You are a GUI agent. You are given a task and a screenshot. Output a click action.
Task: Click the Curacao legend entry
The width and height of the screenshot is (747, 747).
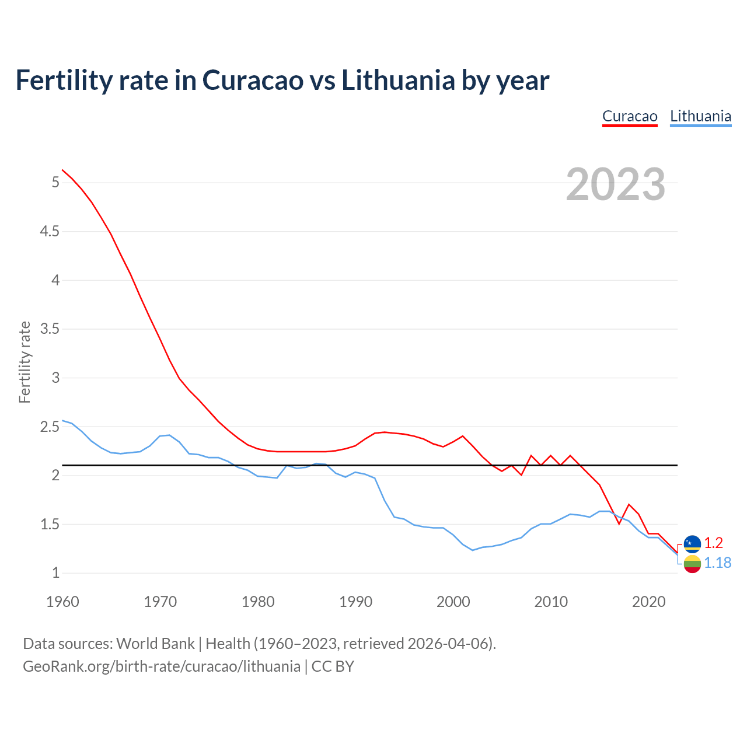point(630,116)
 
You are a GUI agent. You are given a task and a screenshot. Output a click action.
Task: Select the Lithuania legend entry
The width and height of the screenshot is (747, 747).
point(700,116)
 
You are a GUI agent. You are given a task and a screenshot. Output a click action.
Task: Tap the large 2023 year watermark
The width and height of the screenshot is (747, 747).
point(616,184)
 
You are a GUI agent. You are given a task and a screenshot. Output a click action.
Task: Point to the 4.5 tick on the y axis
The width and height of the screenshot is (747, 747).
point(50,232)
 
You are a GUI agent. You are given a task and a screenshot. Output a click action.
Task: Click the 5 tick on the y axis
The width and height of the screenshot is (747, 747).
point(55,183)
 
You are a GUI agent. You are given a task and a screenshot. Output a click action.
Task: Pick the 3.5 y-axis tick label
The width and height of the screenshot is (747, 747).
point(50,329)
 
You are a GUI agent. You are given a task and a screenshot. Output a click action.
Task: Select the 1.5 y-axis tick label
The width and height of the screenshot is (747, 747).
point(50,524)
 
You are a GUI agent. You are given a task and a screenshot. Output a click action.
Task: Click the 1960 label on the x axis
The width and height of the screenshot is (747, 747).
point(62,602)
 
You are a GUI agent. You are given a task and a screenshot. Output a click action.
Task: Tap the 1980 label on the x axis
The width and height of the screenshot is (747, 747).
point(258,602)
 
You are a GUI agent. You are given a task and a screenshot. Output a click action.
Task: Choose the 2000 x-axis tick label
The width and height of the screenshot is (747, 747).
point(453,602)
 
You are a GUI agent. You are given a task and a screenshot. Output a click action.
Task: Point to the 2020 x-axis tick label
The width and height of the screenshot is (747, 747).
point(648,602)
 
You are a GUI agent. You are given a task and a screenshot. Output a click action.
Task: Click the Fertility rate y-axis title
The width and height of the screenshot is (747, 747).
point(25,362)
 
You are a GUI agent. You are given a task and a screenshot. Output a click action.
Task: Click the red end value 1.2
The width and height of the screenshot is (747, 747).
point(713,543)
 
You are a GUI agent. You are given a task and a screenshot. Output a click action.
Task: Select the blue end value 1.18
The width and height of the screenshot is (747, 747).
point(717,563)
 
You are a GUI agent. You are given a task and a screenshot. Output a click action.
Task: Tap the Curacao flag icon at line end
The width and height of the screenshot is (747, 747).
point(692,543)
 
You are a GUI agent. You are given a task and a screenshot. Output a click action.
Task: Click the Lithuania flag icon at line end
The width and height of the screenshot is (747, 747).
point(692,564)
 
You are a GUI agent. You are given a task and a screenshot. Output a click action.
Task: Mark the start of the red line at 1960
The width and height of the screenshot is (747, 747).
point(62,170)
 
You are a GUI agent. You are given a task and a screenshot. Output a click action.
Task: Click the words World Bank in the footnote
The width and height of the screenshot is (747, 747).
point(155,644)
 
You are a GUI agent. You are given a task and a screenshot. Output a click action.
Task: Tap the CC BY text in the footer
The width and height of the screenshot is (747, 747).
point(333,666)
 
